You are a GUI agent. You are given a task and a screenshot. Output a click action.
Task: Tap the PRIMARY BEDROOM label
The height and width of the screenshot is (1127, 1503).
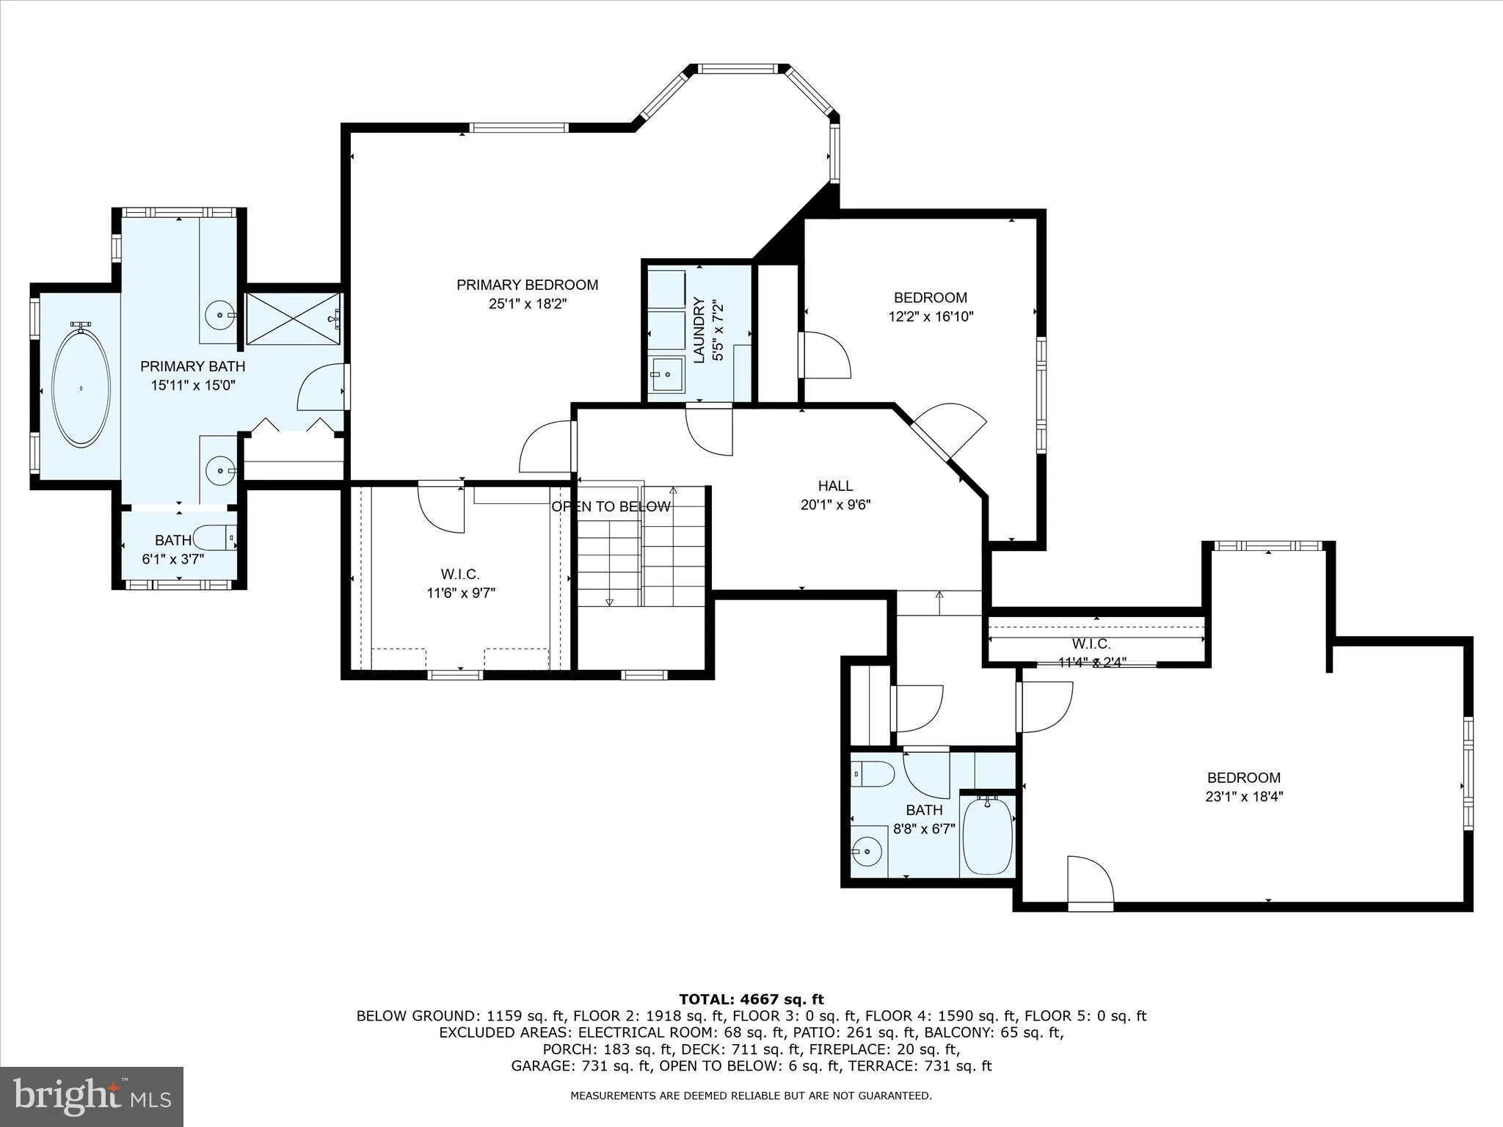527,285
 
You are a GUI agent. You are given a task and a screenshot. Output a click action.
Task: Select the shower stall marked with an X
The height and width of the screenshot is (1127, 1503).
293,318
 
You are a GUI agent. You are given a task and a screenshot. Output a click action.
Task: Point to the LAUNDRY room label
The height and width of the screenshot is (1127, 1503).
699,330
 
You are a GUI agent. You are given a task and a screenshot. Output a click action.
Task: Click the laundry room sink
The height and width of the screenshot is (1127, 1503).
666,375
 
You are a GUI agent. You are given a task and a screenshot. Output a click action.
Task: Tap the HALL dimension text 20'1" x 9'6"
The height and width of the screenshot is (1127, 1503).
835,505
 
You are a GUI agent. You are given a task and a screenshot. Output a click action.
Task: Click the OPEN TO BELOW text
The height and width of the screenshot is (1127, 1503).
611,507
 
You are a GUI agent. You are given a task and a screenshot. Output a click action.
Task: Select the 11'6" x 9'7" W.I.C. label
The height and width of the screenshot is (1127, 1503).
461,584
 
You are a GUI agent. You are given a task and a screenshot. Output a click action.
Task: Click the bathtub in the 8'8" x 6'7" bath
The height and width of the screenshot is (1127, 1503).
987,836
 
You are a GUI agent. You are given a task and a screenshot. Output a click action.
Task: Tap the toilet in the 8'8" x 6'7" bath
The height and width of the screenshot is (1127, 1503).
873,773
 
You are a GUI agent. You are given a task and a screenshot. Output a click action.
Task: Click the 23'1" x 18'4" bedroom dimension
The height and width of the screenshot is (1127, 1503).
1244,797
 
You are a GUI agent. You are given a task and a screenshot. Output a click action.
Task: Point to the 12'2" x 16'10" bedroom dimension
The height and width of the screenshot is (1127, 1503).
931,317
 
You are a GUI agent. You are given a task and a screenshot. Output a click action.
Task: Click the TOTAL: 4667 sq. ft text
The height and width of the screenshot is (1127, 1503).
751,999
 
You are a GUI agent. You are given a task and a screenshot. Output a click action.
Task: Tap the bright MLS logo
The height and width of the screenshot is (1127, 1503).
92,1096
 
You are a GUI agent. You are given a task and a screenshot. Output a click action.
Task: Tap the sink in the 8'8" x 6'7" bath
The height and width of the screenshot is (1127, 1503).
867,852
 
